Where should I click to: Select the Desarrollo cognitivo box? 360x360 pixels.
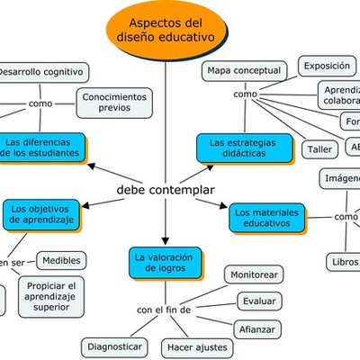pyautogui.click(x=41, y=71)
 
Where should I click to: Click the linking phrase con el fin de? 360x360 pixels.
pyautogui.click(x=164, y=310)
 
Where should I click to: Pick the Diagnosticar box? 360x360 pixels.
pyautogui.click(x=113, y=346)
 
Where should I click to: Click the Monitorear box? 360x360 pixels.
pyautogui.click(x=254, y=274)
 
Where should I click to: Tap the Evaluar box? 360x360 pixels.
pyautogui.click(x=259, y=301)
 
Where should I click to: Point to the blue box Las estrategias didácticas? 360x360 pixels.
pyautogui.click(x=245, y=148)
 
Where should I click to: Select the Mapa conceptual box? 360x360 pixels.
pyautogui.click(x=244, y=70)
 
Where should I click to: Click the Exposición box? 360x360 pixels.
pyautogui.click(x=327, y=66)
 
